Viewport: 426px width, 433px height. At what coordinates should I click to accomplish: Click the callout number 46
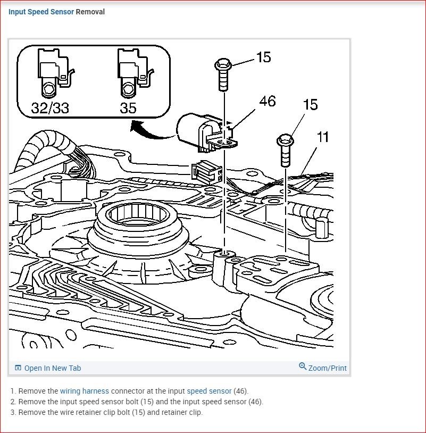tap(268, 101)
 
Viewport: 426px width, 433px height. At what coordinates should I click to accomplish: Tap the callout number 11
tap(322, 137)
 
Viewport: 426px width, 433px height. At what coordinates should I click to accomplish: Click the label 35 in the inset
tap(128, 108)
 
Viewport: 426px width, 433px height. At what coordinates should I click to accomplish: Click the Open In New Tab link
tap(52, 368)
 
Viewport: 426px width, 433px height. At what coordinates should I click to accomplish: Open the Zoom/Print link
tap(327, 368)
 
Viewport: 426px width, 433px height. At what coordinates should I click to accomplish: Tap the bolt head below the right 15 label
tap(285, 140)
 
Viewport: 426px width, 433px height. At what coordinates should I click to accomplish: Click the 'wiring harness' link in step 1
tap(84, 391)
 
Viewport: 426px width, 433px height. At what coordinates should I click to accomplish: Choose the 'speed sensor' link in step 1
tap(209, 391)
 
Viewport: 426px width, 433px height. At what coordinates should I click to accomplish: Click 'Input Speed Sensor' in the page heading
tap(41, 12)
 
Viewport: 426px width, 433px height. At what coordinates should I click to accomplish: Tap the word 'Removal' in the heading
tap(90, 12)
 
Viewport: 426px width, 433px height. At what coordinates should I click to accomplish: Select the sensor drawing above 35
tap(133, 72)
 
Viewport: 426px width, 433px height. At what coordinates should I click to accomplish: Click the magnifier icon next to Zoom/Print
tap(303, 367)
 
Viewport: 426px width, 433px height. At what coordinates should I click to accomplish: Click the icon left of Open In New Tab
tap(18, 368)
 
